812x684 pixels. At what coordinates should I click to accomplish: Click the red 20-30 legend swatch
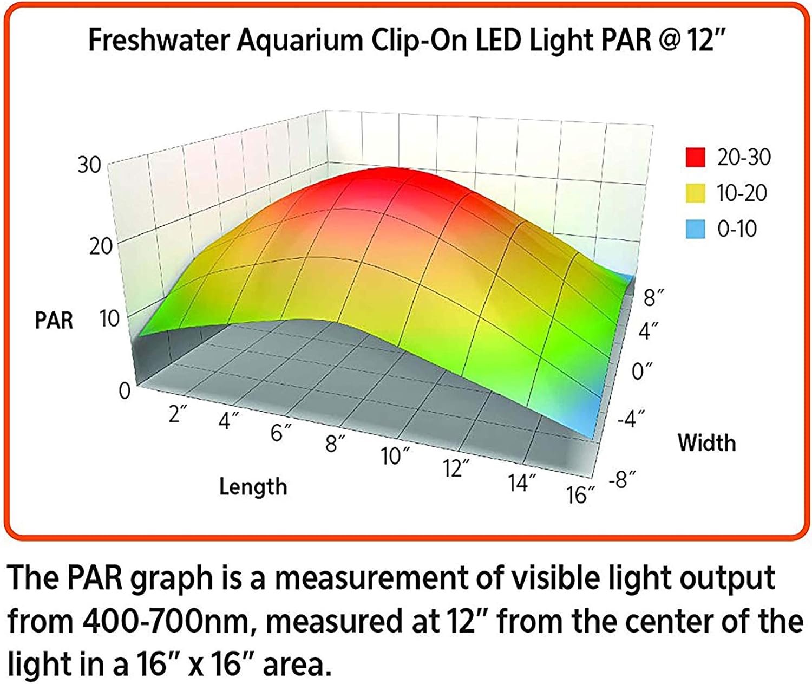pos(695,157)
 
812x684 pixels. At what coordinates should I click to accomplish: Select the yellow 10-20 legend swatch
pos(695,193)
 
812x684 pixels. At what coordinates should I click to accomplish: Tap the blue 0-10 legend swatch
pos(695,229)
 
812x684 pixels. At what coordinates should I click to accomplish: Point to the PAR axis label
pos(54,320)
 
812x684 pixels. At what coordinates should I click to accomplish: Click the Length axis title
pos(253,486)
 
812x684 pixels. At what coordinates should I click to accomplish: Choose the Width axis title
pos(706,442)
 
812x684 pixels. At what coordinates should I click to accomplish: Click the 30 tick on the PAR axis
pos(89,165)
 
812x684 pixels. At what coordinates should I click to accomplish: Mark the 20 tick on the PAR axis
pos(102,247)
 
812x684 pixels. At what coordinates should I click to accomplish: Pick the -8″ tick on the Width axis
pos(622,479)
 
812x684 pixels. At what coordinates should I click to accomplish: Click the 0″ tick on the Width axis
pos(643,372)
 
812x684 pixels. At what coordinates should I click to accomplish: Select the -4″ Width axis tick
pos(631,419)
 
